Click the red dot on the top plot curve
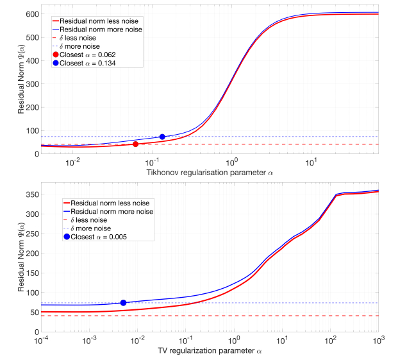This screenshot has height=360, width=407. click(135, 144)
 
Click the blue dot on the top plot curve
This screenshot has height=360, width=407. click(162, 137)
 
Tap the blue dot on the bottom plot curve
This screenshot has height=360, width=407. click(123, 303)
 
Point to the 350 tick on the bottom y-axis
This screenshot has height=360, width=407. click(31, 194)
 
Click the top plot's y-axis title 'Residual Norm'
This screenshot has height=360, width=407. click(21, 82)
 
